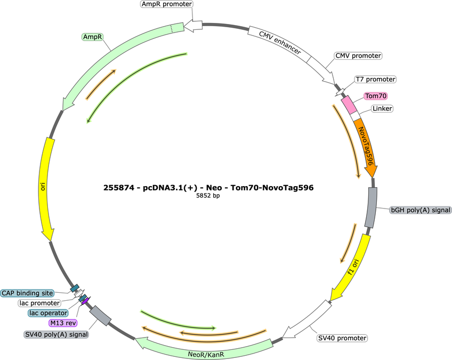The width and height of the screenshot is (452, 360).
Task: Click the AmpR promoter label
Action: pos(167,4)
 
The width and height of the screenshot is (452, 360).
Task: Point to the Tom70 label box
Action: pos(376,96)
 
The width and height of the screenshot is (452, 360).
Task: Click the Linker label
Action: pos(382,108)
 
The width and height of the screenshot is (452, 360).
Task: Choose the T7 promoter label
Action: pos(375,79)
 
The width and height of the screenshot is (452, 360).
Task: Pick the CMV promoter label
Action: pos(358,55)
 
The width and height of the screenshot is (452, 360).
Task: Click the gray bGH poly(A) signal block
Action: pos(371,207)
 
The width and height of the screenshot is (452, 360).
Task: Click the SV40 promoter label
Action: pos(342,338)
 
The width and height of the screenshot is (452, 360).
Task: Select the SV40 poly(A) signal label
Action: pos(56,334)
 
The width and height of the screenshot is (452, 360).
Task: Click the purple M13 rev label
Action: pos(63,323)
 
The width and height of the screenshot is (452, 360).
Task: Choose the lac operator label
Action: pos(48,313)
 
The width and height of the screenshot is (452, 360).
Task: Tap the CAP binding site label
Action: pos(27,293)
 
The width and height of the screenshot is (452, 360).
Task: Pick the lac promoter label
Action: pos(39,303)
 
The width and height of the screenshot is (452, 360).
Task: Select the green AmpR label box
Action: pos(93,37)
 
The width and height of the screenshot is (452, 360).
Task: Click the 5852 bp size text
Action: pos(208,196)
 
